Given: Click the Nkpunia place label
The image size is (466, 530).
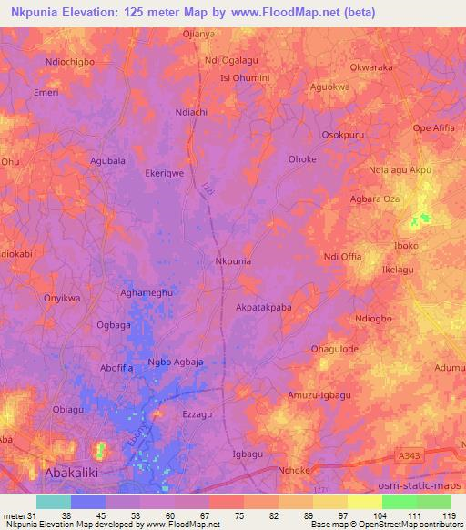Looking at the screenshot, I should point(232,261).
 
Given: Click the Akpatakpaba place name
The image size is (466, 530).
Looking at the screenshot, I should point(264,308).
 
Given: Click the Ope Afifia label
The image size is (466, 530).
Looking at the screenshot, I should point(433,127).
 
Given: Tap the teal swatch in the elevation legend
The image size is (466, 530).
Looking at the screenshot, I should point(53,502).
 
